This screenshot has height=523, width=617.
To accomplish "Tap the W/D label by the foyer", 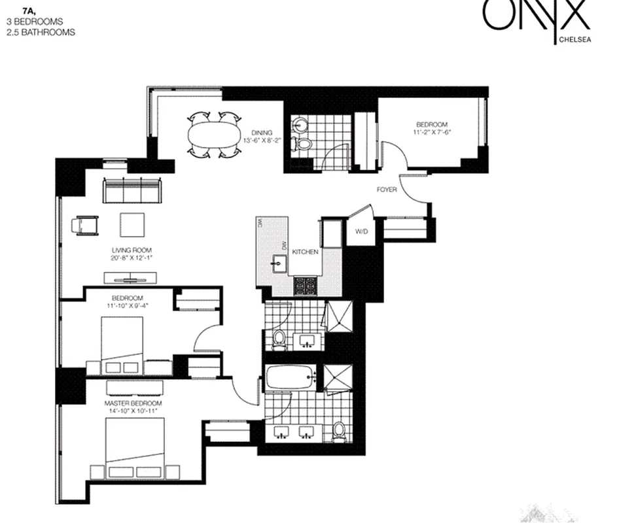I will (x=361, y=232).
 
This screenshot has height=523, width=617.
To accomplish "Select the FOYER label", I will (x=386, y=190).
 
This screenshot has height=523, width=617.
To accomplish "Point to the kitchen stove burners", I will (x=305, y=286).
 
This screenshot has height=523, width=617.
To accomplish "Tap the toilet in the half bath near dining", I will (x=302, y=143).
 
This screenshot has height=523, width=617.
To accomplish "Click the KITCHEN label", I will (x=305, y=252).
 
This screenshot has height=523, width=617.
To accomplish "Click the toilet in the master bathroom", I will (x=338, y=430).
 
